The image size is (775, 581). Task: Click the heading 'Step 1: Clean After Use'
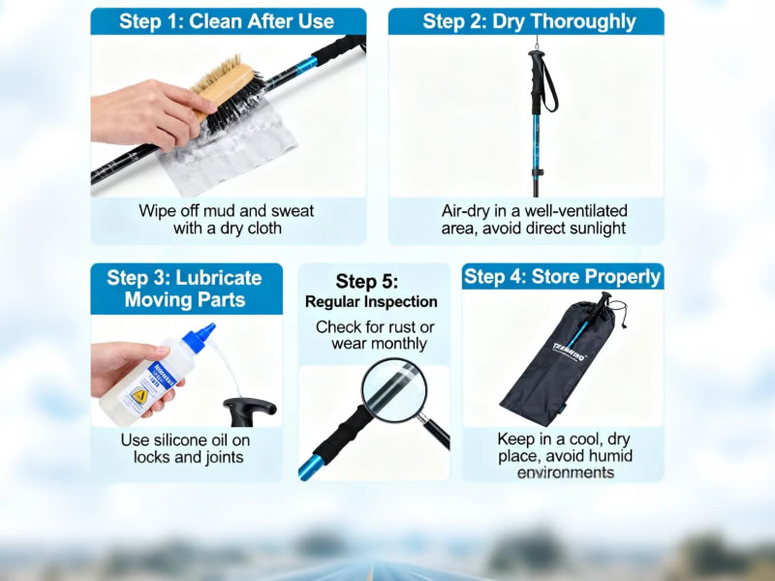(227, 21)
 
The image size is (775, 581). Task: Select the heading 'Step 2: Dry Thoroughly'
(529, 21)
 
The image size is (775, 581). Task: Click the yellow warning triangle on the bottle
(139, 396)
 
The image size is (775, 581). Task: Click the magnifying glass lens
(394, 390)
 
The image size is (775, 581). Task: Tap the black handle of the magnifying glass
(437, 433)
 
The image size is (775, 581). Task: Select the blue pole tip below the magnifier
(310, 467)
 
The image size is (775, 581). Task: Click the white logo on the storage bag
(569, 352)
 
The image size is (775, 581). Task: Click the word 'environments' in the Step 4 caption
(566, 473)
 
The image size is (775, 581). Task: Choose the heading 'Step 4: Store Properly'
(563, 277)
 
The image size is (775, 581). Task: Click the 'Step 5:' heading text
(367, 281)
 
